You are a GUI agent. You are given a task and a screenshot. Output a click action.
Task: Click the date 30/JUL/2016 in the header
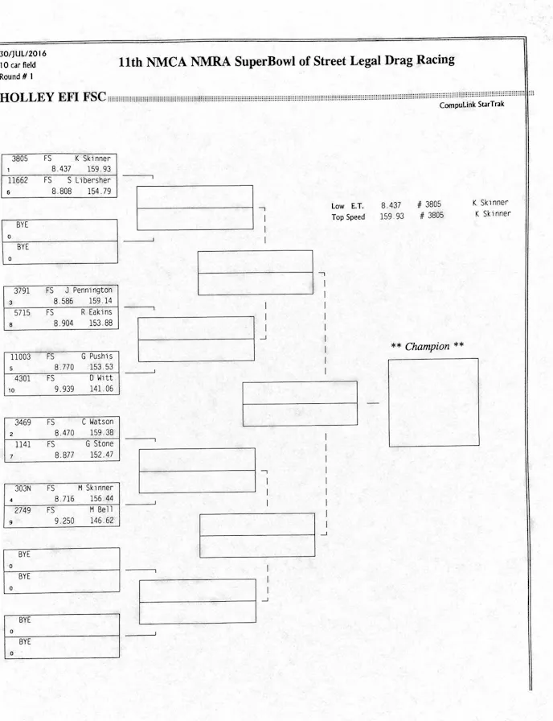point(23,54)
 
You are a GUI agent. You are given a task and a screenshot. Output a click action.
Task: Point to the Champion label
point(427,347)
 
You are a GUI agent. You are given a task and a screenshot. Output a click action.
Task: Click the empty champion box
point(433,402)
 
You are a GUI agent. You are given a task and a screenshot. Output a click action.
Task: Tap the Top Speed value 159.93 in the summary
point(392,216)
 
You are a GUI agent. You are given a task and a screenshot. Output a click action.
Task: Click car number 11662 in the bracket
point(20,181)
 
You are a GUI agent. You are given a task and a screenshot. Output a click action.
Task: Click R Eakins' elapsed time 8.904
point(67,323)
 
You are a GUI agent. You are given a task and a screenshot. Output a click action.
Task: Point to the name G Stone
point(98,443)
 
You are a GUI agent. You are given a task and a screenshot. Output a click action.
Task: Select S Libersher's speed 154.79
point(101,192)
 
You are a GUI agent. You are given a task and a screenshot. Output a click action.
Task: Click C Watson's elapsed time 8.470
point(67,432)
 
